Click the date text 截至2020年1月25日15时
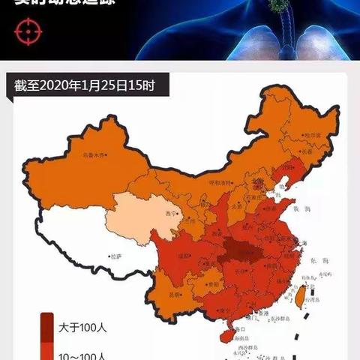[x=84, y=85]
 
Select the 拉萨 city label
[x=115, y=256]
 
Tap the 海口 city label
[x=241, y=328]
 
